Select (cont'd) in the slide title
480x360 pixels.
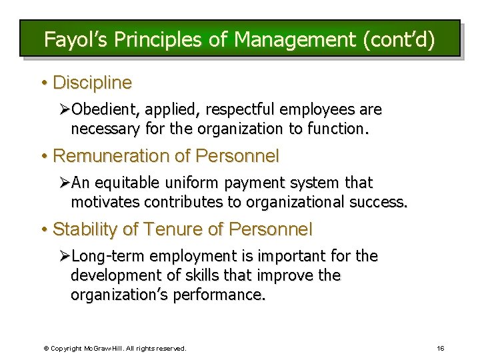pyautogui.click(x=399, y=39)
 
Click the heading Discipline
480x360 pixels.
pyautogui.click(x=92, y=83)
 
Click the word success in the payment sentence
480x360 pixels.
pyautogui.click(x=379, y=202)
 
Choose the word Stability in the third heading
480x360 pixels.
pyautogui.click(x=85, y=229)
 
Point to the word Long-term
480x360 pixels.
pyautogui.click(x=107, y=256)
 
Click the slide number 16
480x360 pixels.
pyautogui.click(x=441, y=348)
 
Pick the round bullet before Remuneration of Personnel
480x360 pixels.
pyautogui.click(x=43, y=157)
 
